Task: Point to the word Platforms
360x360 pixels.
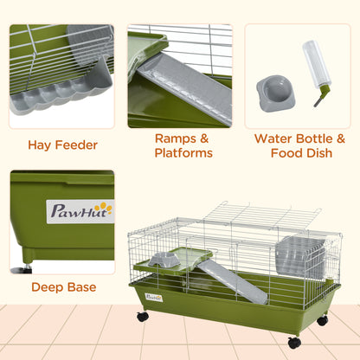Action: [183, 153]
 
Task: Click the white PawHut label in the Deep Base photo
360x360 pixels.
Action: [80, 211]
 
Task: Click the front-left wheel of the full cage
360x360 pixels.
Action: [142, 317]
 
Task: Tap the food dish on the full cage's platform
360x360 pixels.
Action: [165, 258]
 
